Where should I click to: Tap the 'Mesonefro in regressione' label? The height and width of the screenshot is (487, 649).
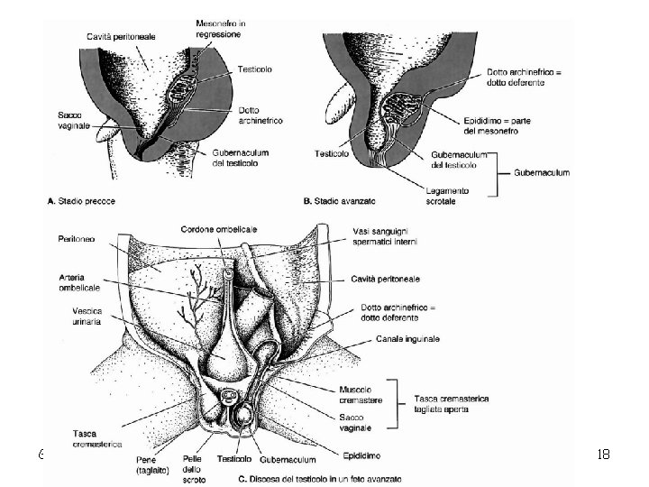(221, 28)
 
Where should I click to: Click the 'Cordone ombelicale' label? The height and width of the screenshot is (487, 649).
(216, 227)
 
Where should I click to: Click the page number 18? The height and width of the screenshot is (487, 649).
(603, 454)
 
